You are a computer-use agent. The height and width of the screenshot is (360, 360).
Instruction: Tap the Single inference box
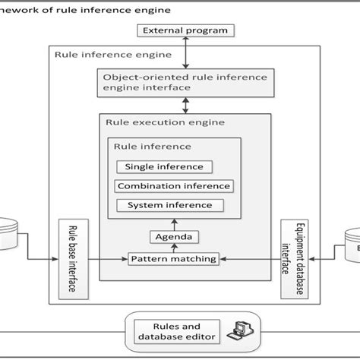(x=163, y=167)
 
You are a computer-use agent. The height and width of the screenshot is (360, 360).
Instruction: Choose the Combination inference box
(x=173, y=186)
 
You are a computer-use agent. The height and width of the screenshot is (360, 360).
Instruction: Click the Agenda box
(x=174, y=238)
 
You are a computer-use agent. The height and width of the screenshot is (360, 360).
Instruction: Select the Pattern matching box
(x=173, y=259)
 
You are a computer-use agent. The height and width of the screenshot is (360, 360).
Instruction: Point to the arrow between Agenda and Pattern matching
(x=174, y=248)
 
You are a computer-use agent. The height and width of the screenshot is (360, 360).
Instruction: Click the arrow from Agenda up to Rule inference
(x=174, y=225)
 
